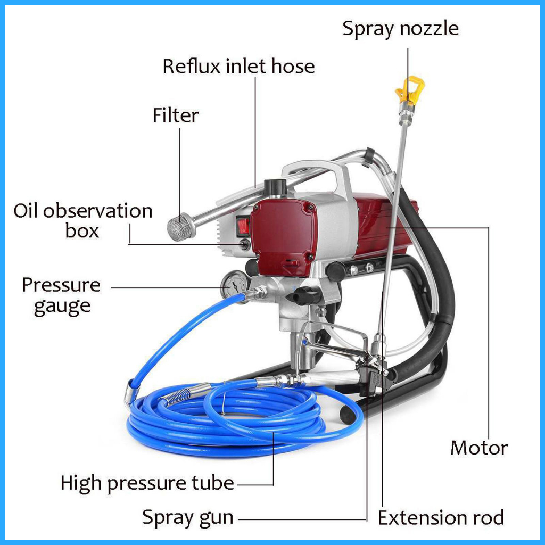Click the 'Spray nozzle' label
click(x=400, y=28)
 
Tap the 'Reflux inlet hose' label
click(x=238, y=67)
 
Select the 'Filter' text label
click(x=176, y=115)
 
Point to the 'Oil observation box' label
click(x=83, y=220)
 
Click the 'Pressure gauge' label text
click(x=61, y=295)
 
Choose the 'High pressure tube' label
click(x=147, y=483)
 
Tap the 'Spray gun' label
click(x=188, y=517)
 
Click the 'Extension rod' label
click(x=441, y=517)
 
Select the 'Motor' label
click(x=479, y=448)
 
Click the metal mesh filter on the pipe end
click(x=179, y=226)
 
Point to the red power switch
click(x=244, y=226)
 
